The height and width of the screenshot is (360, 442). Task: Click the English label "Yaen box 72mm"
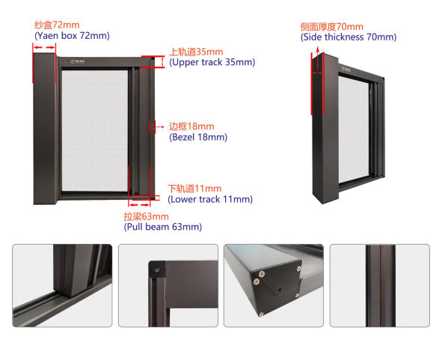(x=72, y=36)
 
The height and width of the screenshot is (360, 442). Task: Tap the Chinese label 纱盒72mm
(x=57, y=25)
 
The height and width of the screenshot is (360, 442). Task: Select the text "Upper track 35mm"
(x=212, y=62)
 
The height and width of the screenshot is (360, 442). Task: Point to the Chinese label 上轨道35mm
(x=196, y=52)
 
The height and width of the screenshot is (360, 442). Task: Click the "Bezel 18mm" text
(x=198, y=137)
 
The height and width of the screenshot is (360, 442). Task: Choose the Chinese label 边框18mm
(x=191, y=126)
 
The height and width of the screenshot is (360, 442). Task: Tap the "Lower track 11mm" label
(x=210, y=199)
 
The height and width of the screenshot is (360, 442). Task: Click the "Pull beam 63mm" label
(x=163, y=227)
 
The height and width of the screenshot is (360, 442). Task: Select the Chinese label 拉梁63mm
(x=146, y=216)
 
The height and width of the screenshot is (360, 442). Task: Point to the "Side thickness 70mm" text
(x=349, y=37)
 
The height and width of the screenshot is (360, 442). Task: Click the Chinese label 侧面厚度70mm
(x=331, y=27)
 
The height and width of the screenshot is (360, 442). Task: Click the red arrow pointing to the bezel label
(x=160, y=127)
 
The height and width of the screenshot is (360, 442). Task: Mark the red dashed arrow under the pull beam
(x=140, y=204)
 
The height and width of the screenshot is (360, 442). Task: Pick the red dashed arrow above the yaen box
(x=44, y=47)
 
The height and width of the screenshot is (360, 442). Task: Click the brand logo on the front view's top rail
(x=78, y=61)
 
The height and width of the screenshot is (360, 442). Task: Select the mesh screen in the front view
(x=95, y=130)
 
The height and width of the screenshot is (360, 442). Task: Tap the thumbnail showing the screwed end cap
(x=274, y=285)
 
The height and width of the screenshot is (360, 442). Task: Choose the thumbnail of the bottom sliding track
(x=62, y=285)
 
